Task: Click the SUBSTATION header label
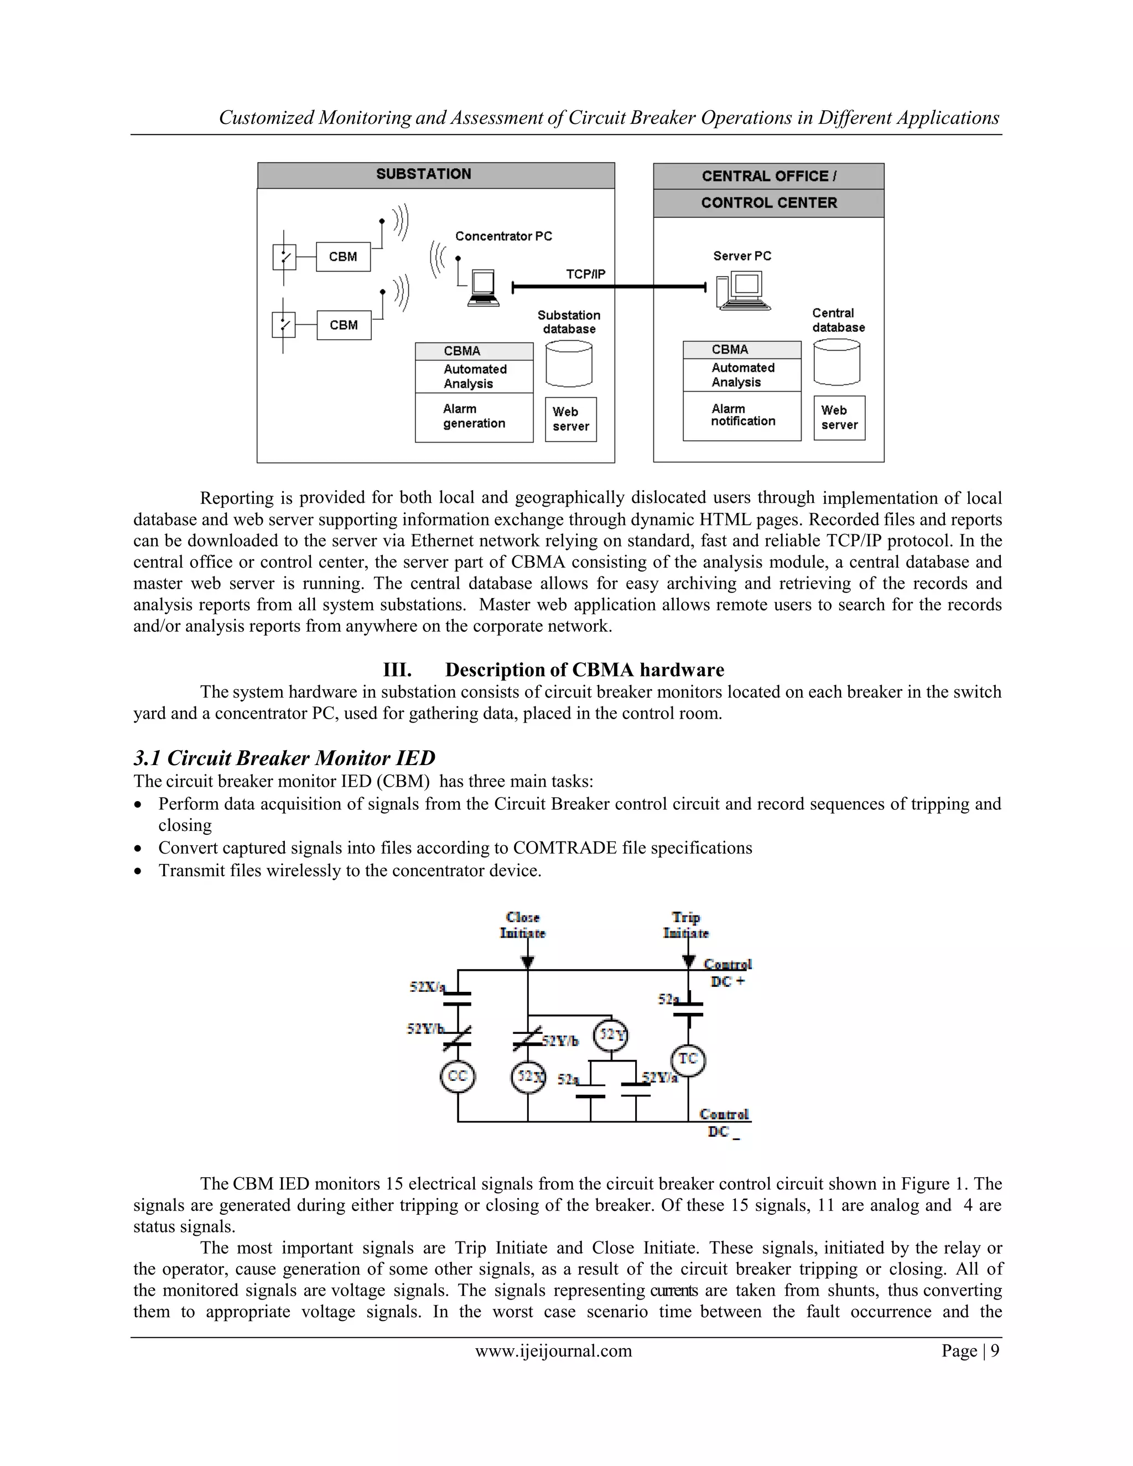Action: pyautogui.click(x=424, y=174)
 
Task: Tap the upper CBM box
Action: pyautogui.click(x=343, y=257)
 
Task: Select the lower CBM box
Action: pyautogui.click(x=344, y=325)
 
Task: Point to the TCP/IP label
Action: pyautogui.click(x=585, y=274)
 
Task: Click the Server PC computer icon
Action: pyautogui.click(x=743, y=290)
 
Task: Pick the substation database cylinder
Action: pyautogui.click(x=569, y=364)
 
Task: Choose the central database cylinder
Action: pyautogui.click(x=836, y=362)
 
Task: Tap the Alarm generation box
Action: pyautogui.click(x=474, y=417)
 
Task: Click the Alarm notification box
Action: pyautogui.click(x=742, y=415)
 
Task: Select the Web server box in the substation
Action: pyautogui.click(x=570, y=419)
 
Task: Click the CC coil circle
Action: pyautogui.click(x=457, y=1076)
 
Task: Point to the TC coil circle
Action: pyautogui.click(x=688, y=1058)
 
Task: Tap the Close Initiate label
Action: pyautogui.click(x=523, y=925)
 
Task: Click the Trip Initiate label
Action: pyautogui.click(x=685, y=925)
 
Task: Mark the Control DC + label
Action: pyautogui.click(x=727, y=973)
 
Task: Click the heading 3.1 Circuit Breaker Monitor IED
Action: pyautogui.click(x=284, y=758)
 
